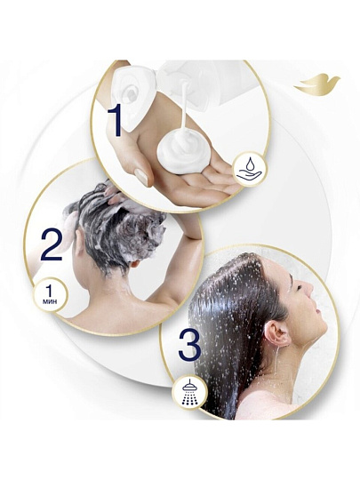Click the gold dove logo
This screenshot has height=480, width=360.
[x=317, y=84]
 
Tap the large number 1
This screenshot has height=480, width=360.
[x=114, y=121]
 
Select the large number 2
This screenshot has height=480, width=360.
[x=52, y=246]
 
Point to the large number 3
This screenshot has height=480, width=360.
[x=190, y=344]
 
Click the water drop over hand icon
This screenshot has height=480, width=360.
[x=249, y=169]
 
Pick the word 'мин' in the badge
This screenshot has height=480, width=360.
[x=49, y=301]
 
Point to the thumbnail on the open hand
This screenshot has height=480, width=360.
[x=141, y=177]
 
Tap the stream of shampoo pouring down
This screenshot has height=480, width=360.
[x=184, y=108]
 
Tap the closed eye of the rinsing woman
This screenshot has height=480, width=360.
[x=298, y=287]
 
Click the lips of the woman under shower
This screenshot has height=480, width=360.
[x=317, y=312]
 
